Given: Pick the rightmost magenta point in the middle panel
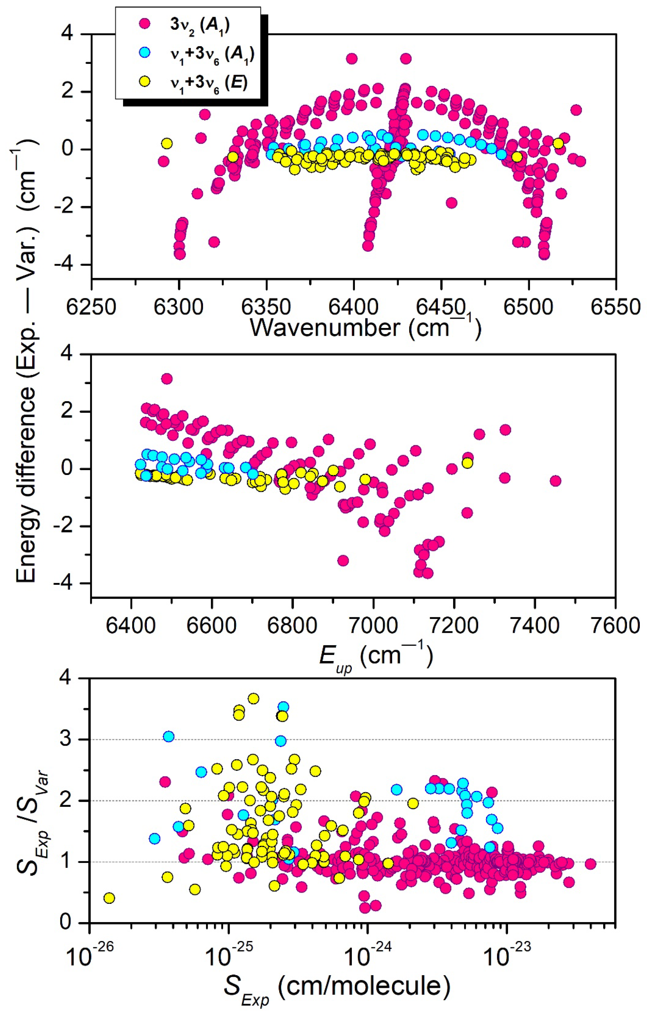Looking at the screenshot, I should click(555, 481).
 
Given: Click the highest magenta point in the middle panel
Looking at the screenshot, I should click(167, 378).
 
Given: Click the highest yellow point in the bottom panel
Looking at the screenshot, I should click(253, 698).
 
